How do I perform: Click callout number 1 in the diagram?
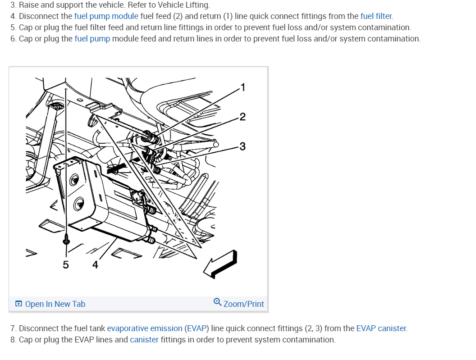[243, 87]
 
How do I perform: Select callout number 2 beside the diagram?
[242, 117]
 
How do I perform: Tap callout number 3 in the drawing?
[242, 146]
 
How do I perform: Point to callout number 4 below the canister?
[95, 264]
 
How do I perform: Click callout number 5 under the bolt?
[65, 264]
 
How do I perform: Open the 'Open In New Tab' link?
[55, 304]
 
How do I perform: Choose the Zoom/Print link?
[243, 304]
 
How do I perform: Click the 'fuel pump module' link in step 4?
[106, 16]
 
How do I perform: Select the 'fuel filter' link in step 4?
[376, 16]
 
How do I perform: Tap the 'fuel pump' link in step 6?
[92, 39]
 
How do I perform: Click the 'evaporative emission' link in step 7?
[145, 328]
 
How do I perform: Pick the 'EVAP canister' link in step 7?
[381, 328]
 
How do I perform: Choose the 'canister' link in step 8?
[144, 340]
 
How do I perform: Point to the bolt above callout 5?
[66, 240]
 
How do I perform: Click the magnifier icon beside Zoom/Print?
[217, 302]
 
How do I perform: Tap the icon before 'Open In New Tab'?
[18, 304]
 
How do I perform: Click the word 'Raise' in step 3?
[29, 5]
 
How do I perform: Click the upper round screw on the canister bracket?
[74, 180]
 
